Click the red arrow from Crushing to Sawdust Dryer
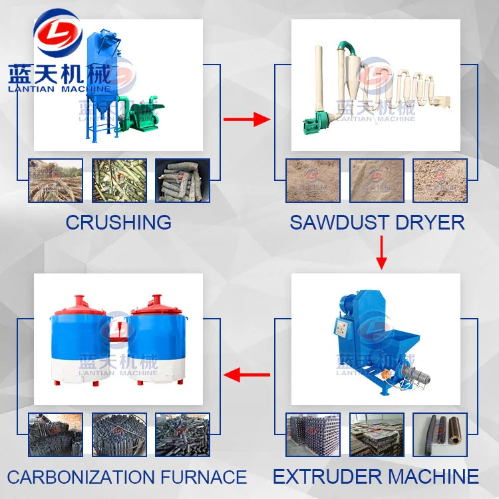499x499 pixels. click(x=246, y=120)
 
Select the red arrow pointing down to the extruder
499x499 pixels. click(x=381, y=253)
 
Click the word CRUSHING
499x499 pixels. click(x=118, y=222)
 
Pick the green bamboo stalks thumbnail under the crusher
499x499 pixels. click(x=119, y=180)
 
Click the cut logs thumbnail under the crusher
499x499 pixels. click(x=182, y=180)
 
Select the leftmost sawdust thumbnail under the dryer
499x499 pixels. click(x=313, y=180)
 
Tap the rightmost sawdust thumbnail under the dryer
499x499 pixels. click(x=440, y=180)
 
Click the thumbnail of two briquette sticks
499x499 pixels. click(x=440, y=435)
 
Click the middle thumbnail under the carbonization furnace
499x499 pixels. click(x=119, y=435)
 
